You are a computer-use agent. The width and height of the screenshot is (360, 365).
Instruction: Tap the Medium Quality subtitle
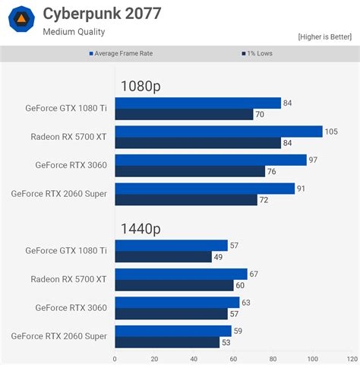tap(74, 32)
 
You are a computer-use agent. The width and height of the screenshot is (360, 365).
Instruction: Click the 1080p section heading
tap(141, 86)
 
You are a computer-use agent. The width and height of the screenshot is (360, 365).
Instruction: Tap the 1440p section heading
tap(141, 228)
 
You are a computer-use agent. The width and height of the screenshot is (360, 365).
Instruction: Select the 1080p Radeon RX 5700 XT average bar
tap(219, 132)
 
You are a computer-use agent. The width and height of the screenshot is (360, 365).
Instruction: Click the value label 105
tap(331, 132)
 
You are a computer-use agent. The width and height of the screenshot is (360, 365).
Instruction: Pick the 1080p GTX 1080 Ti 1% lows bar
tap(184, 114)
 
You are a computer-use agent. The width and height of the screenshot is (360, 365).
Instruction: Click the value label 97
tap(314, 160)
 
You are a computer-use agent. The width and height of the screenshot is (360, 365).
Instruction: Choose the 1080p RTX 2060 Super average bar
tap(205, 189)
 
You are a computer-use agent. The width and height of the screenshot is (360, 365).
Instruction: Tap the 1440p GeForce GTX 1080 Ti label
tap(66, 250)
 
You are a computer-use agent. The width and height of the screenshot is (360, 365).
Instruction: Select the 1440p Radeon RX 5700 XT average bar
tap(181, 274)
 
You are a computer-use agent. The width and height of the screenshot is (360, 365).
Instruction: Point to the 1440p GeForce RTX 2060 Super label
tap(59, 335)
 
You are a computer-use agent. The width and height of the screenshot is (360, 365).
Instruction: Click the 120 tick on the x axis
tap(352, 358)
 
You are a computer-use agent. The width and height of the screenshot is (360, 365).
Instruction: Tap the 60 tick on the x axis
tap(233, 358)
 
